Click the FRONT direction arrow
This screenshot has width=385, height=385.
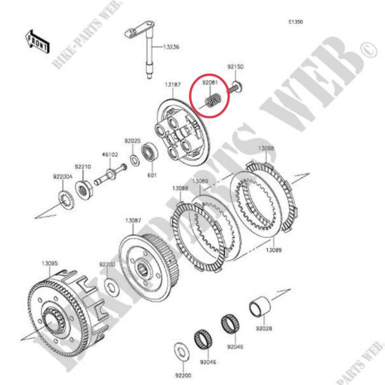click(38, 41)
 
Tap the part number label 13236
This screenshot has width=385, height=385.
click(171, 47)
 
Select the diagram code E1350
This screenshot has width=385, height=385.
click(295, 22)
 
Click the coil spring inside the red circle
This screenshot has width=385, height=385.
click(213, 100)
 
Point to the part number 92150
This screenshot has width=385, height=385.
click(235, 66)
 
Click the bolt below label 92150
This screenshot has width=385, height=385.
click(236, 88)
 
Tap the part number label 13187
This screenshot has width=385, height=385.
click(173, 85)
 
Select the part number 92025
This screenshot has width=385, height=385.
click(133, 141)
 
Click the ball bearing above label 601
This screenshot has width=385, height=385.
click(150, 152)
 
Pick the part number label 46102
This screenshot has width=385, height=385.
click(110, 154)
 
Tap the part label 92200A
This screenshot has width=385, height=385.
click(63, 177)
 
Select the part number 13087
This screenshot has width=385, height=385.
click(133, 220)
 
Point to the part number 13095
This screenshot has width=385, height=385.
click(50, 263)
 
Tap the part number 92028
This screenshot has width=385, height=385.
click(264, 328)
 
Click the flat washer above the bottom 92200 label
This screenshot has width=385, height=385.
click(181, 352)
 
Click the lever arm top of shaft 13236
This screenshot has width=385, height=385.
click(140, 29)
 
